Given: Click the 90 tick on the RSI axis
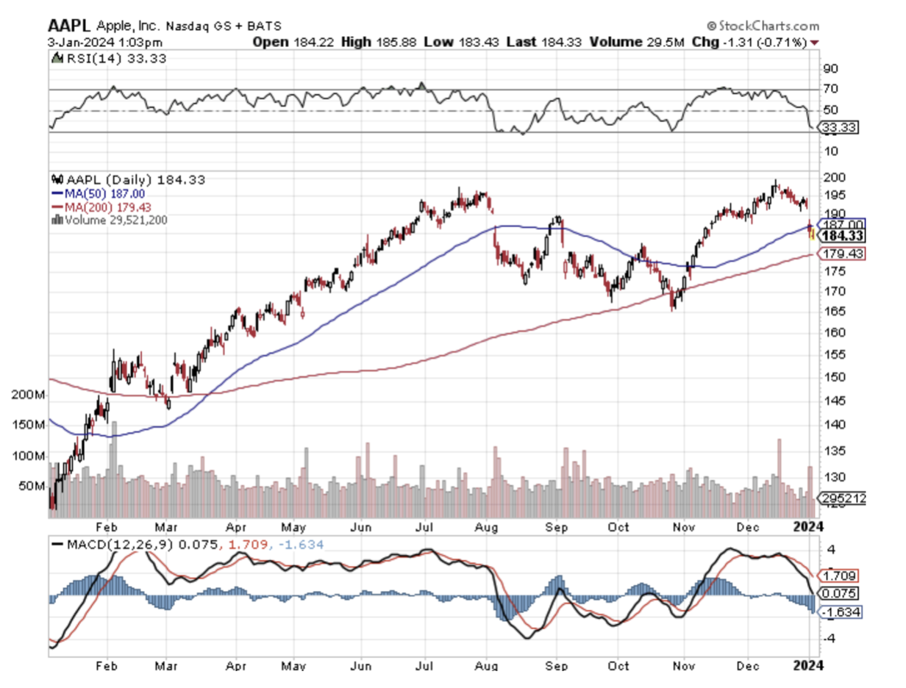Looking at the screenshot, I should pyautogui.click(x=830, y=68).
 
